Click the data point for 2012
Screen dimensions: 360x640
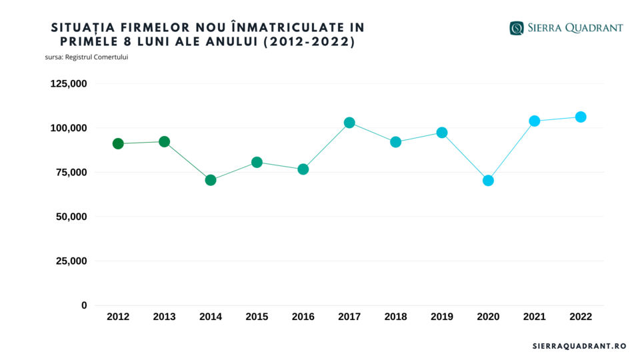click(x=118, y=143)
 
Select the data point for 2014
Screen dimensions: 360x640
click(x=211, y=180)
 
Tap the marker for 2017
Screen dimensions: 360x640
click(x=349, y=123)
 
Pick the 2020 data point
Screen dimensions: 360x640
click(x=488, y=181)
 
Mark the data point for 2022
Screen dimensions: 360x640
click(x=581, y=117)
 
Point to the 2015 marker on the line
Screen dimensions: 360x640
click(x=257, y=162)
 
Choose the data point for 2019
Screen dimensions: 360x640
click(x=442, y=133)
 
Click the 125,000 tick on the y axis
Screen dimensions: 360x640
click(x=69, y=83)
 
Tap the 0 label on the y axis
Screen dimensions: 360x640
click(x=84, y=305)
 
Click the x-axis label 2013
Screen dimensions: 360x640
click(x=164, y=317)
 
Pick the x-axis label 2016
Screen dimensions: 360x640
click(x=303, y=317)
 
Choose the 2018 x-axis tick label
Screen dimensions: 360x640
click(x=395, y=317)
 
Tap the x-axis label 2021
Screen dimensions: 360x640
click(x=534, y=317)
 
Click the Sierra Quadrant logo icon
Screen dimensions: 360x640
click(x=517, y=28)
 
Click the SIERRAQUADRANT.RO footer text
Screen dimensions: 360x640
click(x=579, y=346)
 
